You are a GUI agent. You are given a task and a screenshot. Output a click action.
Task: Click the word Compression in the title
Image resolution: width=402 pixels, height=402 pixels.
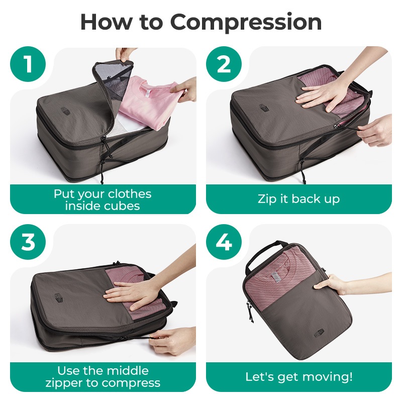click(246, 23)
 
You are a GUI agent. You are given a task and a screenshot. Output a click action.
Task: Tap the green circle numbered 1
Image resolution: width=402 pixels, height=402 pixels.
click(28, 64)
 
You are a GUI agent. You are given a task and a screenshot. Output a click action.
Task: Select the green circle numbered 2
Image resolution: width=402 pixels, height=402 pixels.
click(224, 64)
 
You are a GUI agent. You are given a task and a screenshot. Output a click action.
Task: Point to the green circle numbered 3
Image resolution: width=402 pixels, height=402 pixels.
click(28, 242)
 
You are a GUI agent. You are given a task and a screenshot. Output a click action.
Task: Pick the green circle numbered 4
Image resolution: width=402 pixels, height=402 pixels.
click(224, 242)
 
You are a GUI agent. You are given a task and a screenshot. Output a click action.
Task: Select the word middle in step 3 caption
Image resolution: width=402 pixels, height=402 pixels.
click(128, 371)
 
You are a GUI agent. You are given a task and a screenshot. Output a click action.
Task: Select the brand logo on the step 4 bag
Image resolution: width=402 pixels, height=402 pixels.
click(319, 333)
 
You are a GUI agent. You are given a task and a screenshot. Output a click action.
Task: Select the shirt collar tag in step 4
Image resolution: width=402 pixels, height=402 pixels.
click(276, 278)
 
